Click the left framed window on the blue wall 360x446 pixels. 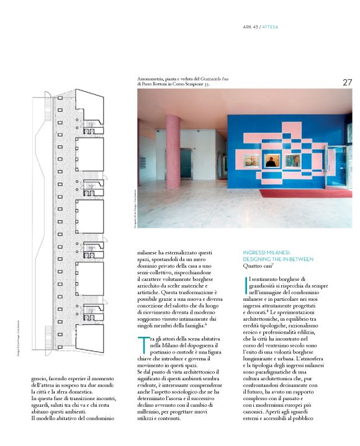[251, 161]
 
